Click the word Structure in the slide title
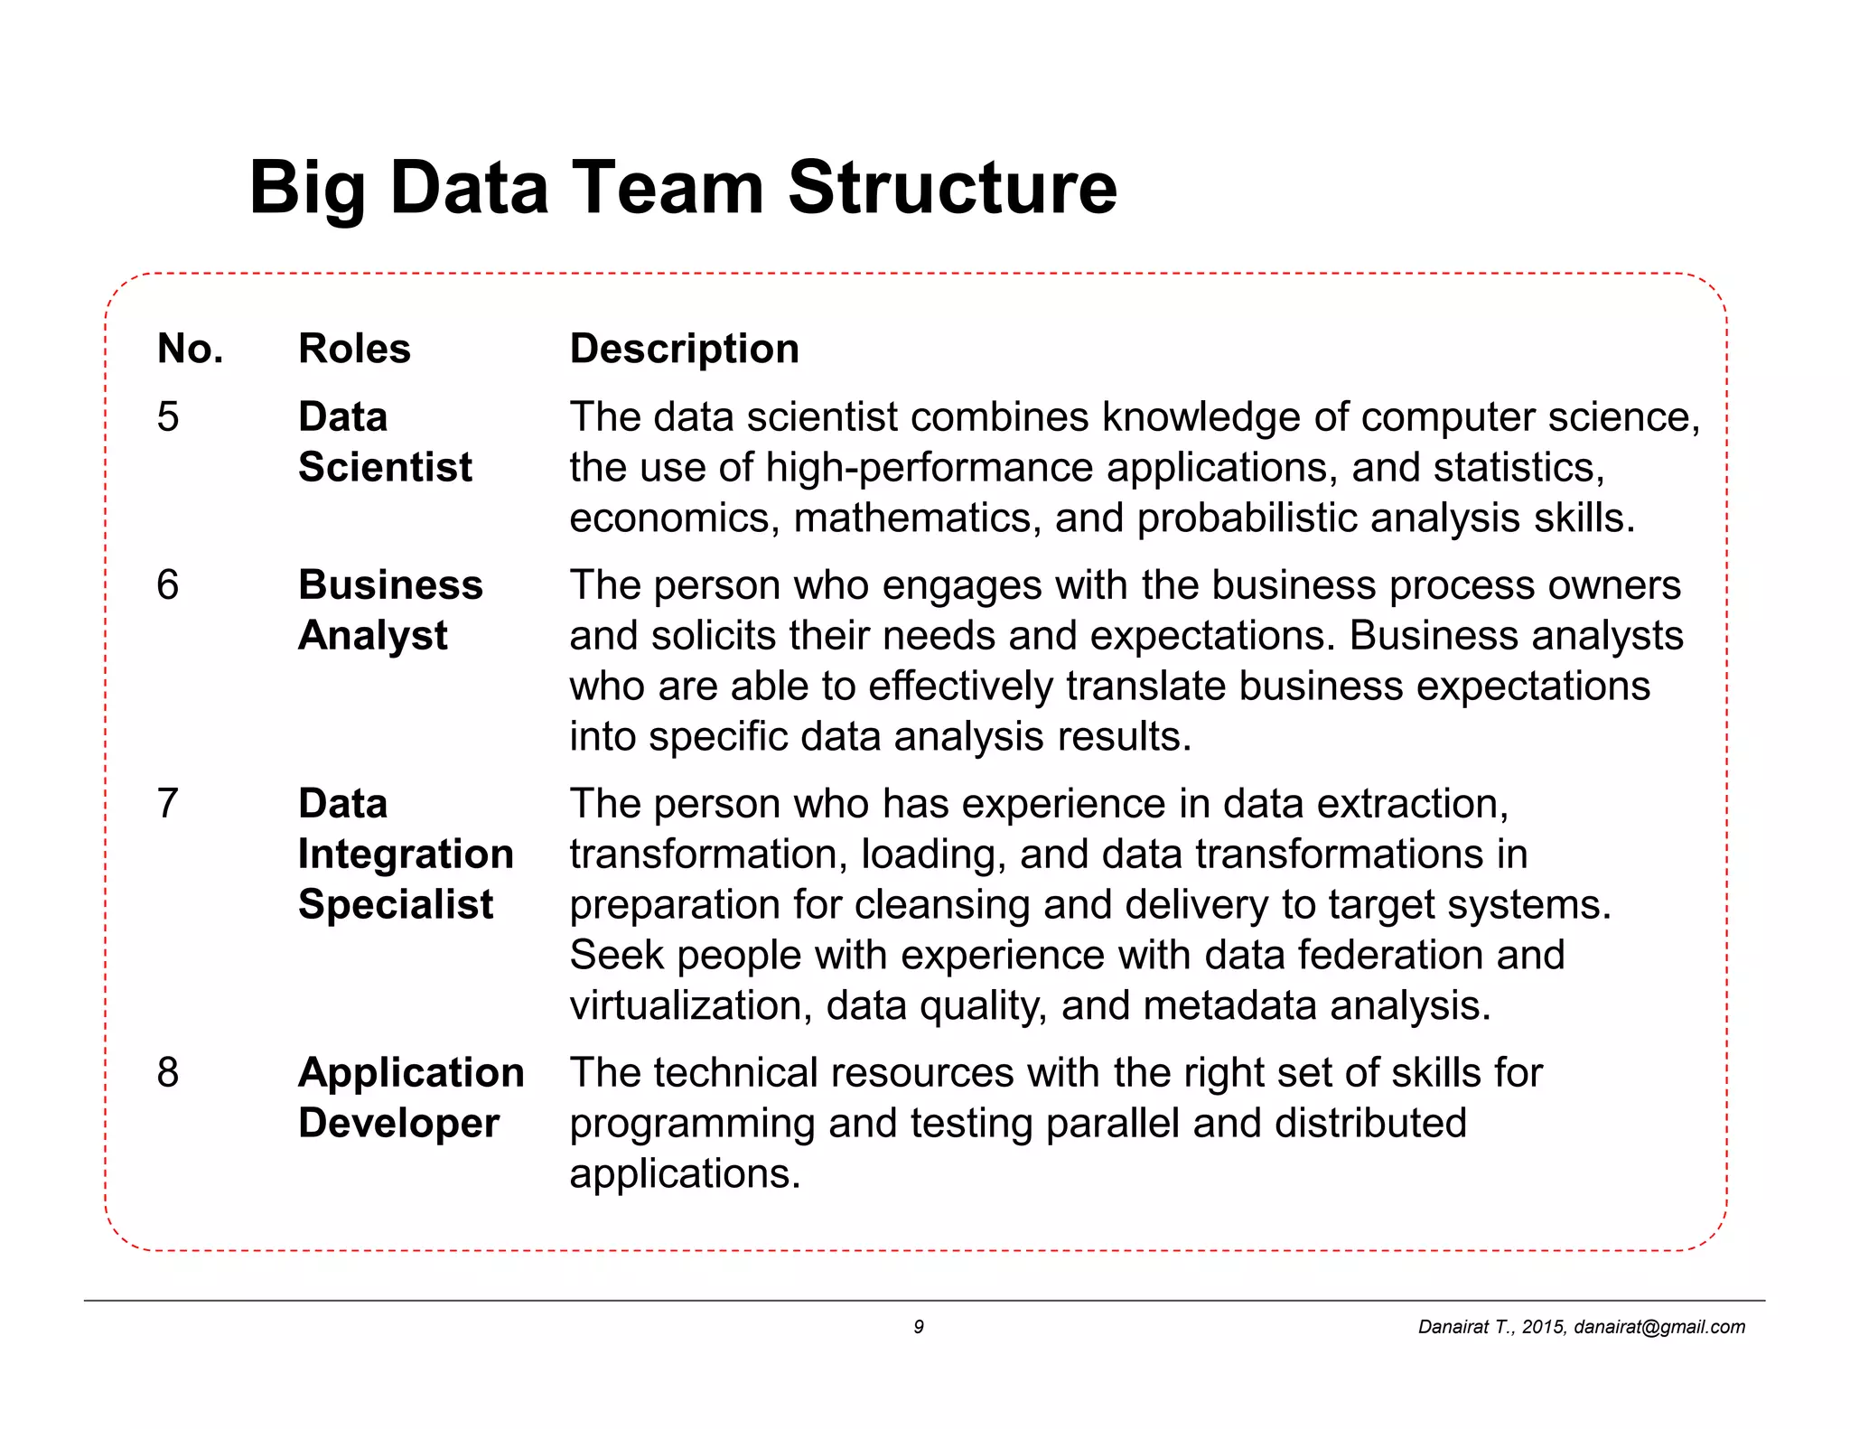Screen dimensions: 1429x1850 coord(952,188)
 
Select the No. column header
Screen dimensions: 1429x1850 coord(190,349)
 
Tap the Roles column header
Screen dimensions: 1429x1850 coord(354,349)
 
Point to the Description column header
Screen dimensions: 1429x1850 coord(684,349)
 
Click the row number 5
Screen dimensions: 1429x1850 coord(168,417)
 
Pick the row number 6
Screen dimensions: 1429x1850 coord(168,585)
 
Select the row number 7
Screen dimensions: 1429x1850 coord(168,804)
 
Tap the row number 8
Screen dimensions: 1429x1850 coord(168,1073)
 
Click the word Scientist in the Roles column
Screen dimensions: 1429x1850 coord(385,468)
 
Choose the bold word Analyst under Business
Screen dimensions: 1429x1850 coord(372,636)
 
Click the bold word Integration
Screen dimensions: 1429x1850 coord(406,855)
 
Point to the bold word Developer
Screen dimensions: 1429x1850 coord(398,1124)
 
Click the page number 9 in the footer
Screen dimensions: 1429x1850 coord(919,1327)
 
